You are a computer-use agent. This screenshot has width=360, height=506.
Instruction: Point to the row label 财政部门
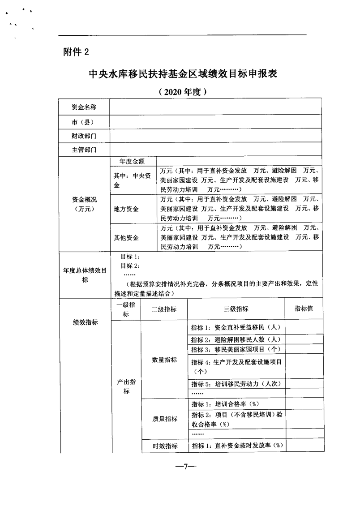click(x=84, y=136)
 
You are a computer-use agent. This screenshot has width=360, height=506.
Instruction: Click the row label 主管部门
click(x=84, y=150)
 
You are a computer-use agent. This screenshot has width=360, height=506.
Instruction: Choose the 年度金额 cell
click(x=133, y=161)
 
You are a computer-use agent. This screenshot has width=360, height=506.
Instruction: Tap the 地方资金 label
click(x=126, y=209)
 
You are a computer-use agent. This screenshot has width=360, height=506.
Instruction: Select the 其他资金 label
click(x=126, y=238)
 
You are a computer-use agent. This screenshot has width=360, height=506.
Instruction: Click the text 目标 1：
click(x=131, y=257)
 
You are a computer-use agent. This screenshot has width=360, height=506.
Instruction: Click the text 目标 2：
click(x=131, y=266)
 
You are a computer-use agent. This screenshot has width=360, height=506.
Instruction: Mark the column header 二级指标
click(x=164, y=309)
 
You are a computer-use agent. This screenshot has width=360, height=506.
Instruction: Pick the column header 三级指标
click(x=236, y=309)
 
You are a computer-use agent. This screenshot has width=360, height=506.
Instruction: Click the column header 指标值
click(x=303, y=309)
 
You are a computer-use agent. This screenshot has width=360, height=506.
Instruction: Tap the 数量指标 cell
click(x=164, y=360)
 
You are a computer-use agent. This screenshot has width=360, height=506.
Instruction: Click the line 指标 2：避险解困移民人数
click(x=236, y=340)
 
